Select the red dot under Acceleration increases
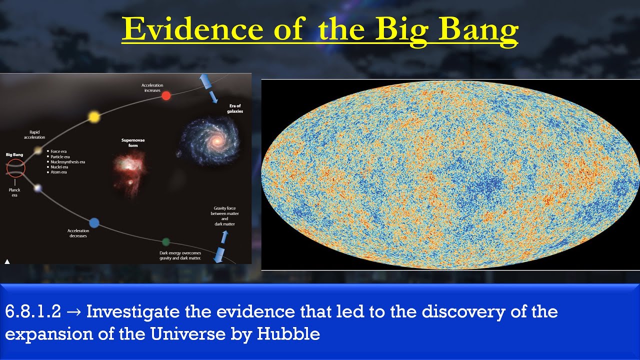pyautogui.click(x=166, y=95)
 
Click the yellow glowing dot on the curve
pyautogui.click(x=93, y=116)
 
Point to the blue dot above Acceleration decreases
pyautogui.click(x=94, y=222)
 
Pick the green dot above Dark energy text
pyautogui.click(x=166, y=242)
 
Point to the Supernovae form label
pyautogui.click(x=133, y=143)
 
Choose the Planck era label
pyautogui.click(x=14, y=193)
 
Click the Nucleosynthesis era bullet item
pyautogui.click(x=67, y=162)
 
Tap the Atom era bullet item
pyautogui.click(x=58, y=172)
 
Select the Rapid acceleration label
pyautogui.click(x=34, y=134)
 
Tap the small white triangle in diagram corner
pyautogui.click(x=7, y=261)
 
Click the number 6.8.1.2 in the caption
pyautogui.click(x=33, y=312)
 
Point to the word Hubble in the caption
pyautogui.click(x=288, y=334)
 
